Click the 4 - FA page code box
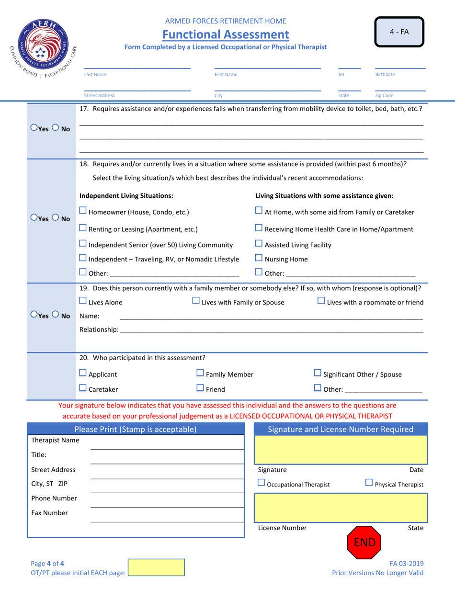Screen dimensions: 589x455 pos(399,32)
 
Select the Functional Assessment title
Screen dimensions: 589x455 pos(226,34)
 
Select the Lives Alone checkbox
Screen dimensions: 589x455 pos(83,301)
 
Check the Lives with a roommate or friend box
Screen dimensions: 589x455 pos(321,301)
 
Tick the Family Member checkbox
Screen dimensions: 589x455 pos(201,374)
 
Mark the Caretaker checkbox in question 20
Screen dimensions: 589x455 pos(83,389)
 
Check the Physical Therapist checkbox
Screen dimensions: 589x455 pos(369,484)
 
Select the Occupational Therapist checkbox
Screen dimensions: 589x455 pos(261,484)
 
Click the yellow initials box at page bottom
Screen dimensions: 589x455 pos(156,567)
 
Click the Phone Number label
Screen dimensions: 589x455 pos(54,498)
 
